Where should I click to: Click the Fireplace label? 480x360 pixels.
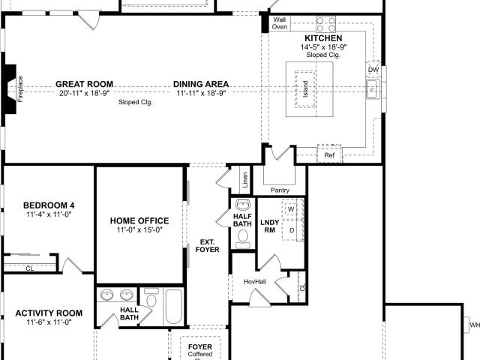coord(20,89)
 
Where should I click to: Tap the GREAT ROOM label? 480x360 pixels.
coord(84,84)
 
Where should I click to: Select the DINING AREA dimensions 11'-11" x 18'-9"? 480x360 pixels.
coord(201,93)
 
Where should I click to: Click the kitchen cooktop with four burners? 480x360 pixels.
coord(325,25)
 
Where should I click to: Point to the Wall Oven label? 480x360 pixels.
coord(280,23)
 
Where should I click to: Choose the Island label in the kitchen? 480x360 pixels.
coord(305,89)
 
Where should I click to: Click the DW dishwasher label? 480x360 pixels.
coord(373,70)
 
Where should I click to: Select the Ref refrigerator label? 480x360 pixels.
coord(329,155)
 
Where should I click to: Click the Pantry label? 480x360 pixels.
coord(280,190)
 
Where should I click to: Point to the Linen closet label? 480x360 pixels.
coord(245,180)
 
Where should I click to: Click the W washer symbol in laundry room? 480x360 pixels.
coord(291,209)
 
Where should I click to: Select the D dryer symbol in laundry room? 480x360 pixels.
coord(292,230)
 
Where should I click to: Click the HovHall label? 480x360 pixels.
coord(255,281)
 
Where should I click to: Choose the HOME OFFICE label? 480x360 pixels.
coord(139,220)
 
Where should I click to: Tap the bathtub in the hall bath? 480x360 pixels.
coord(174,307)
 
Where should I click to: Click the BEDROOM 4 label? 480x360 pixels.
coord(49,205)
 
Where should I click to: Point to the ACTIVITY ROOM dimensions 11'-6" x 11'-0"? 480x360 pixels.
coord(49,322)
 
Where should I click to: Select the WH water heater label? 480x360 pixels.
coord(475,325)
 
